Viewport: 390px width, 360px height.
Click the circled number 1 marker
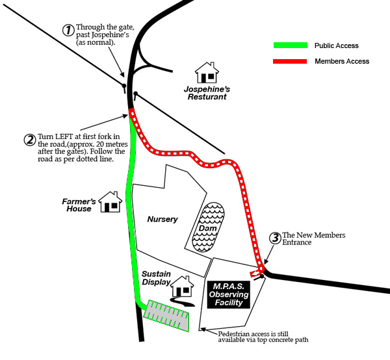coord(68,30)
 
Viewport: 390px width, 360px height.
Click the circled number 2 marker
coord(29,139)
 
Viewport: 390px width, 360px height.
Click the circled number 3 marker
coord(275,238)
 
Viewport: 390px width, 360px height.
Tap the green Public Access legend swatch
coord(289,45)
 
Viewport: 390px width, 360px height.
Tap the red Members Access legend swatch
coord(289,61)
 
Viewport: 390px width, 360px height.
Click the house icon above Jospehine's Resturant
coord(207,73)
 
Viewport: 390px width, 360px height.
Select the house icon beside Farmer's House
coord(110,202)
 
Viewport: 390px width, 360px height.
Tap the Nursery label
coord(162,219)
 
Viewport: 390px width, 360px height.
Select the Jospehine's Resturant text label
coord(207,92)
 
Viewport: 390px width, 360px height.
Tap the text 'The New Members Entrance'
coord(313,238)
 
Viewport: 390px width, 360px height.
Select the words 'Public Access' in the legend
coord(336,46)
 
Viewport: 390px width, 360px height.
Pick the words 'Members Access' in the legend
coord(341,61)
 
